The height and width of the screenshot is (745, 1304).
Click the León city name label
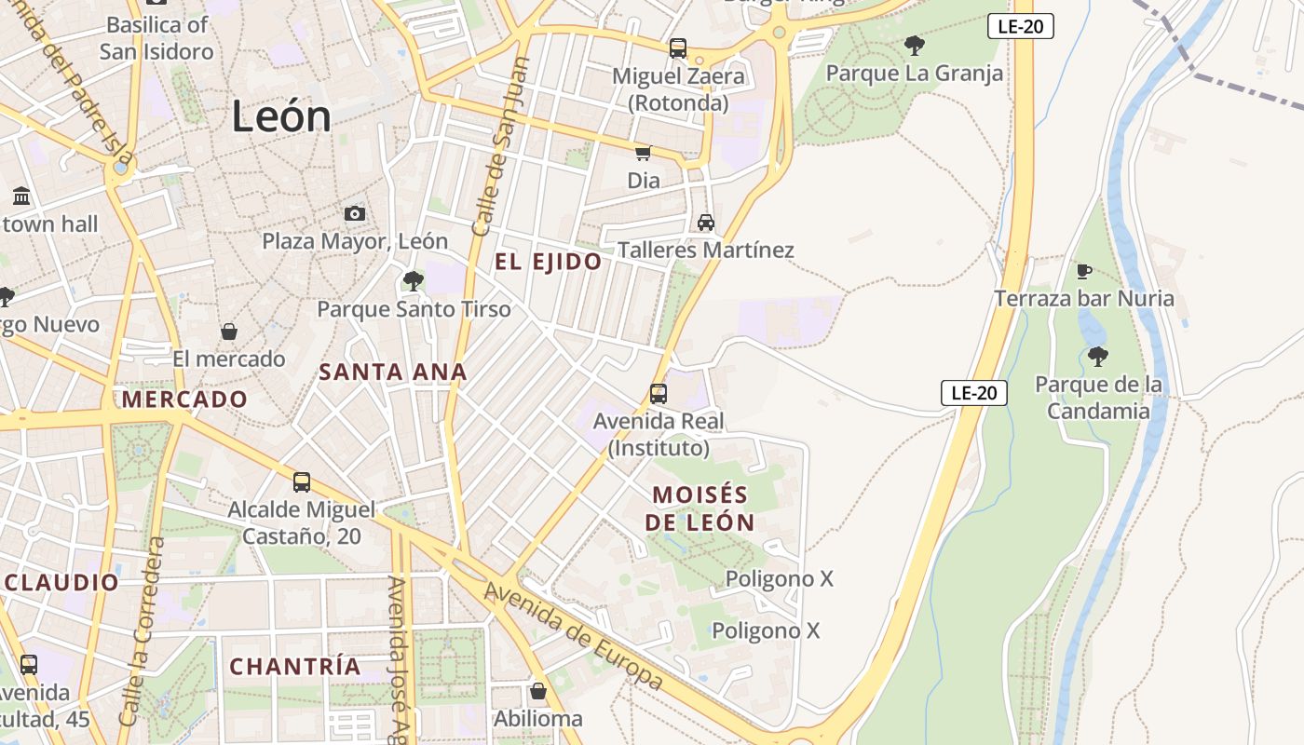(x=280, y=116)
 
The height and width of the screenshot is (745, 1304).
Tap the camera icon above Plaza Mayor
(x=354, y=214)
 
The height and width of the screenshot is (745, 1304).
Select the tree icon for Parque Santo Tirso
(x=413, y=280)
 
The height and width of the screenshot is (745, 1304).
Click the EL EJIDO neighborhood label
(x=548, y=262)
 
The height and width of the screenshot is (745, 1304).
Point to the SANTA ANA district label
(x=392, y=372)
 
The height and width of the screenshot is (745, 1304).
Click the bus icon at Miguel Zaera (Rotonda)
(x=678, y=48)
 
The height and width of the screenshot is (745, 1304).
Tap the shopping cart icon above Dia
(x=643, y=153)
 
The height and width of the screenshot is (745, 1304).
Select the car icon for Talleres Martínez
(x=706, y=223)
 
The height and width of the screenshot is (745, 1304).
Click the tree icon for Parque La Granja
(x=915, y=45)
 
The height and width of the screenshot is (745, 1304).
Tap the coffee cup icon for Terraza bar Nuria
(x=1084, y=271)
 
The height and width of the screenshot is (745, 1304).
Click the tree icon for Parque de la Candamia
(x=1098, y=356)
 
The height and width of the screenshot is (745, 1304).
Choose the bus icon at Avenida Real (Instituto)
(x=659, y=393)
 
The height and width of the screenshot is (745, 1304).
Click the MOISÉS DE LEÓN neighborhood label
(x=700, y=508)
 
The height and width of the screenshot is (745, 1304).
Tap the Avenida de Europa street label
(x=574, y=637)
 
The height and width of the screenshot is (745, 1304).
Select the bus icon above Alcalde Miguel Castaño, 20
(x=302, y=481)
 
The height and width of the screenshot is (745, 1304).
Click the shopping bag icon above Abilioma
(x=537, y=691)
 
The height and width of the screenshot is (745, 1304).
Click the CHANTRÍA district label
(x=295, y=667)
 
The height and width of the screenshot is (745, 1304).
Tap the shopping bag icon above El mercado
(x=228, y=332)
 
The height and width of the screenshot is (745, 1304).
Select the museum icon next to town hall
(x=21, y=196)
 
